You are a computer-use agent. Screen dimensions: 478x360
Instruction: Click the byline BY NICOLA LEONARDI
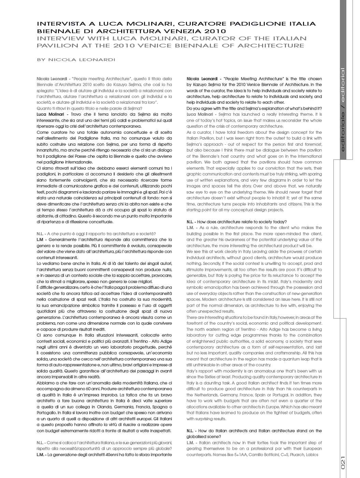point(76,60)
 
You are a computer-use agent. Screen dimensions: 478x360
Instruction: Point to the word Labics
point(312,455)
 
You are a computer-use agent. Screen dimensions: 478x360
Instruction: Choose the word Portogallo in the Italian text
point(47,413)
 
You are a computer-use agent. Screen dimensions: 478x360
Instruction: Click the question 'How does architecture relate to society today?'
point(242,222)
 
